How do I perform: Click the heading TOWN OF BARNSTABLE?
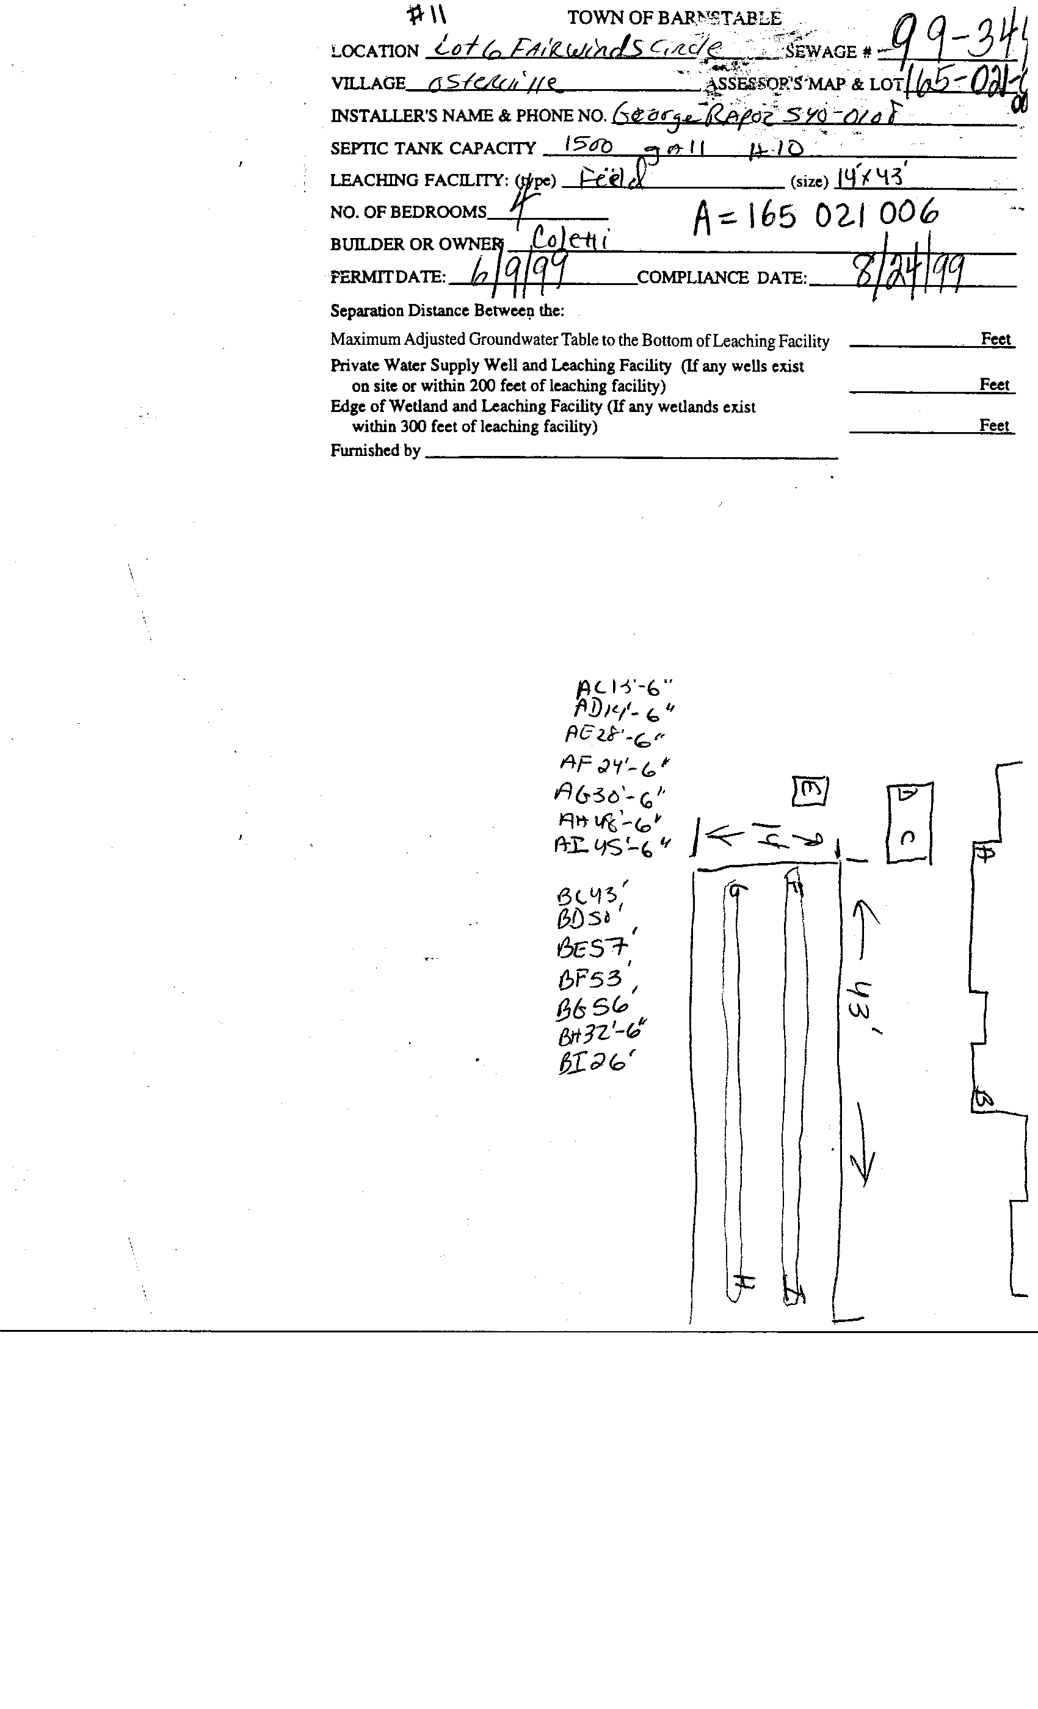point(673,18)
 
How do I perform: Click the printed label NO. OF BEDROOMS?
point(408,212)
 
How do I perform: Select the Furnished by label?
point(376,451)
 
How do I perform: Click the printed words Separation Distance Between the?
point(447,311)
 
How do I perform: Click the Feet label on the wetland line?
point(993,425)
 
